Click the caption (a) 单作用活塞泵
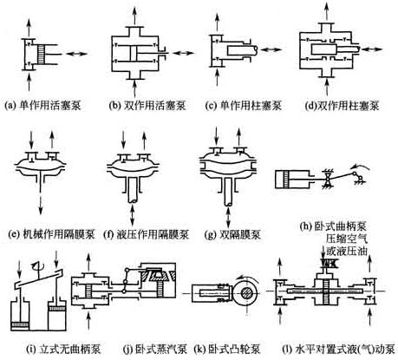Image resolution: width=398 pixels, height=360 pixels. point(42,105)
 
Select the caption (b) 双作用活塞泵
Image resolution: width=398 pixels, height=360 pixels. point(147,105)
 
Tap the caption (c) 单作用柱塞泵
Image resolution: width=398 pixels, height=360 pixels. point(244,105)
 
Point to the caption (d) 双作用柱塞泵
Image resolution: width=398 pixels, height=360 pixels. point(342,106)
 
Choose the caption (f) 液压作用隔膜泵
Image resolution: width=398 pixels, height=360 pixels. point(147,234)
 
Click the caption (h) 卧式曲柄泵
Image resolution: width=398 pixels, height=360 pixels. point(333,226)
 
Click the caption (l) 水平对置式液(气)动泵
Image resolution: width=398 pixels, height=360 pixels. point(338,350)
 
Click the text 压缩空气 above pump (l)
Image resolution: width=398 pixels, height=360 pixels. point(347,239)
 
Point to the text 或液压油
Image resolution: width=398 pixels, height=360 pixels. point(347,251)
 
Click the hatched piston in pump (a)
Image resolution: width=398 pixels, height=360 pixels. point(41,54)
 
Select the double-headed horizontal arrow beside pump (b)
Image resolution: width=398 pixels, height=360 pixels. point(183,53)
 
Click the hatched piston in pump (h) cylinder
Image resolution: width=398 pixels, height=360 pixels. point(287,180)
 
